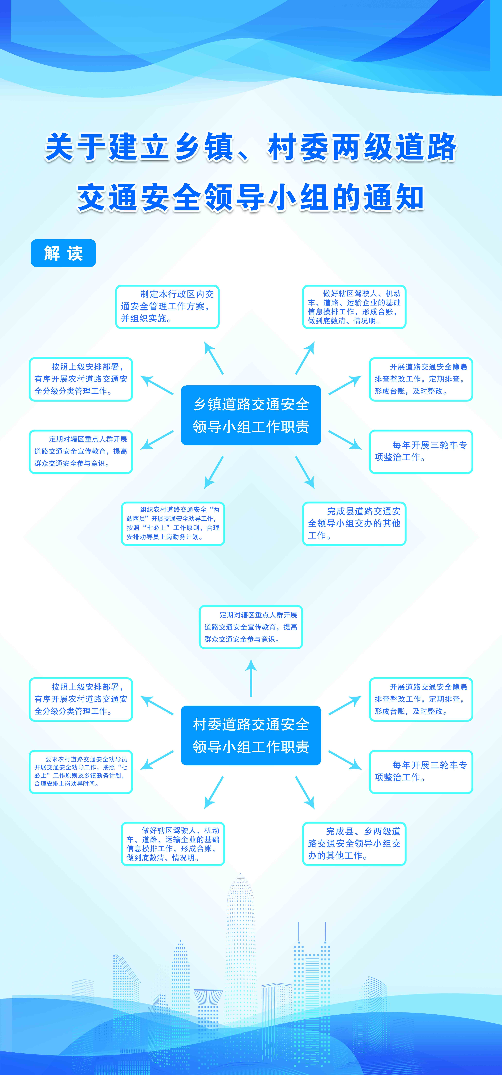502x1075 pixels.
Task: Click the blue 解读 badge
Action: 63,253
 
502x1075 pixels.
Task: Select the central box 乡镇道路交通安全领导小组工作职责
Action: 251,415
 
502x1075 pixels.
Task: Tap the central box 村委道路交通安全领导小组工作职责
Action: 251,735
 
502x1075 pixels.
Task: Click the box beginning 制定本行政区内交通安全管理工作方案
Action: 167,307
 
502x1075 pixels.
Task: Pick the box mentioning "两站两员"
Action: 173,523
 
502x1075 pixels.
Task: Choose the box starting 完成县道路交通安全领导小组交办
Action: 354,523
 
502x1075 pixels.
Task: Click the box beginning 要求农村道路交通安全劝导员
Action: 81,772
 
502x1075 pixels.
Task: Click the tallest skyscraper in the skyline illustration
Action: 241,960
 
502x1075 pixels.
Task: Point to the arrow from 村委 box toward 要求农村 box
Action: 157,760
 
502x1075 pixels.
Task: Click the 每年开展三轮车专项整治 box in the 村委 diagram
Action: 421,772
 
